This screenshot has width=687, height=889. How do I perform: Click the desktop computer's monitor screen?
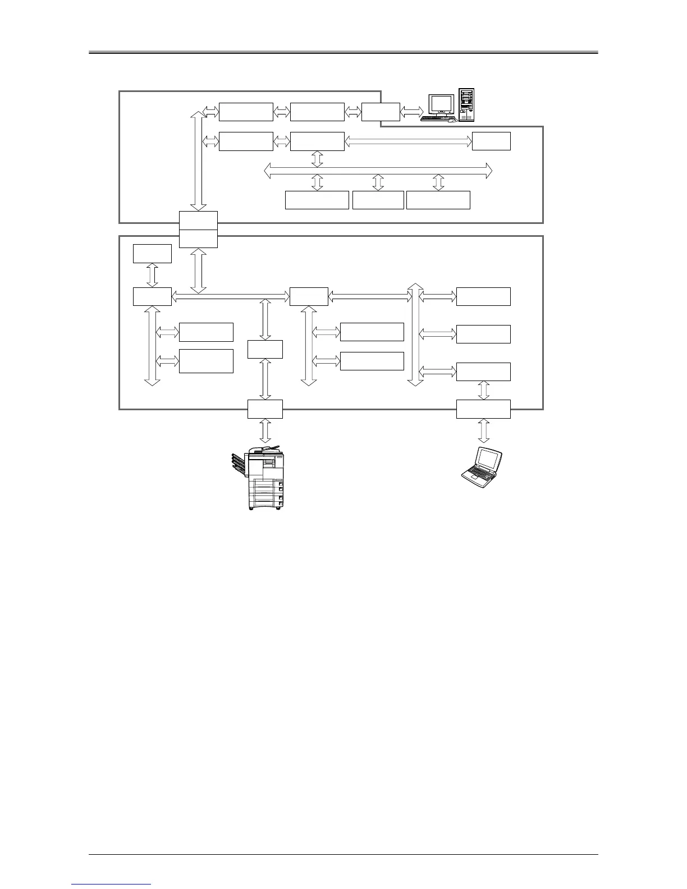(441, 104)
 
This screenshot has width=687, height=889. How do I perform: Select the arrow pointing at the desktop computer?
(411, 112)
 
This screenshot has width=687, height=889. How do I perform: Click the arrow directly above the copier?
(265, 431)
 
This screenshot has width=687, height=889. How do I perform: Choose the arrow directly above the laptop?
(483, 431)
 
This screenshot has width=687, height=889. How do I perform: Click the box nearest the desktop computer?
(381, 112)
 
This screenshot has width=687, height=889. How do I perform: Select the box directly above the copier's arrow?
(265, 409)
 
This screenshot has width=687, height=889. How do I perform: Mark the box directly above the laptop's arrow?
(483, 409)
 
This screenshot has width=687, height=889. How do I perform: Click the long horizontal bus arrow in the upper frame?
(378, 169)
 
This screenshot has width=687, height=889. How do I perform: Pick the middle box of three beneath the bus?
(378, 200)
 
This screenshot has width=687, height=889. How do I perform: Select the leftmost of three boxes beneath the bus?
(317, 200)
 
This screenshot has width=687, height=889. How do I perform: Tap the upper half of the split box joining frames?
(198, 220)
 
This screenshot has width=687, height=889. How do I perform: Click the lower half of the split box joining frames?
(198, 239)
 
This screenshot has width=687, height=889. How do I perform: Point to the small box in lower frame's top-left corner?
(152, 253)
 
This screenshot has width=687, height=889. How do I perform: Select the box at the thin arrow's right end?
(491, 141)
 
